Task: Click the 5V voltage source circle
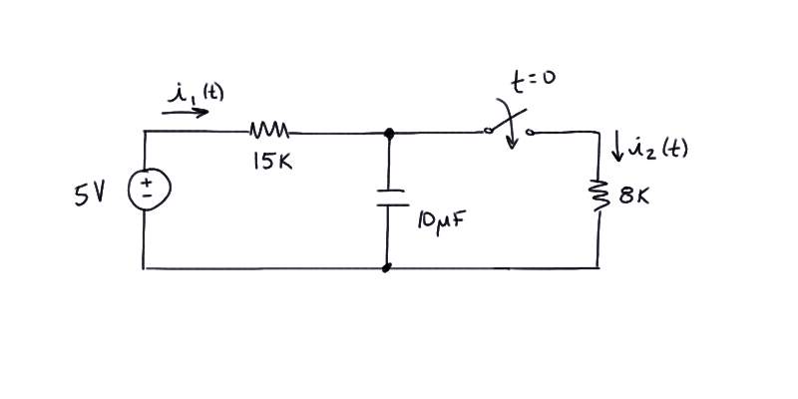point(129,190)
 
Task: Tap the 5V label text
point(90,195)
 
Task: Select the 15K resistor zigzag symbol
point(269,130)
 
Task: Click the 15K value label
point(272,162)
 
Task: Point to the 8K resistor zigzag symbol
point(598,195)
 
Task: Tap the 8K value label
point(634,196)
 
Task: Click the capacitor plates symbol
point(392,198)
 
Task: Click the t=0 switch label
point(533,82)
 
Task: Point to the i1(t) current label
point(195,93)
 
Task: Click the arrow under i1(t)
point(186,112)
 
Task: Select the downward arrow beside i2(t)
point(617,147)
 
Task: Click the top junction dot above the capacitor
point(389,134)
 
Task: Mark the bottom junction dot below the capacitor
point(387,267)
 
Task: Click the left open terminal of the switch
point(488,131)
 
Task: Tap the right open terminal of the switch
point(530,133)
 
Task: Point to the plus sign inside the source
point(146,183)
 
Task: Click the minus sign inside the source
point(146,195)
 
